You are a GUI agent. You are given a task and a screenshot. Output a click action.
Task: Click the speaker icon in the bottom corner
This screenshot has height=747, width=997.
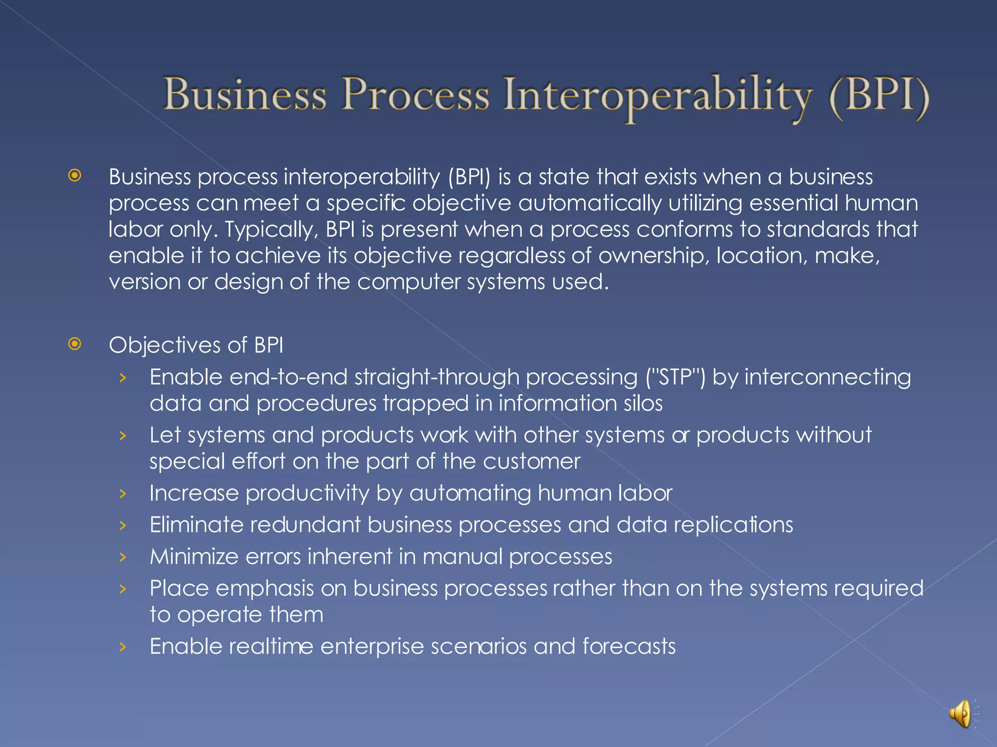click(x=961, y=714)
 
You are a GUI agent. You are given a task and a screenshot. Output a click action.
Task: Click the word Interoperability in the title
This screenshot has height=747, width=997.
click(x=658, y=95)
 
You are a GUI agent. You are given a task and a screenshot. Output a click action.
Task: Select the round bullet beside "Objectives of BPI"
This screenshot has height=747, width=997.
click(x=75, y=344)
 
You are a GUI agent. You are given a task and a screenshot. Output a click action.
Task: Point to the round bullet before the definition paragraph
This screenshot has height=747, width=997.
click(x=75, y=176)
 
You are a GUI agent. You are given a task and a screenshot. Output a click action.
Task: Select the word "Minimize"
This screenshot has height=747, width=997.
click(x=194, y=557)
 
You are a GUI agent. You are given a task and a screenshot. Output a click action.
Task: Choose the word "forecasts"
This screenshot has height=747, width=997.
click(x=629, y=647)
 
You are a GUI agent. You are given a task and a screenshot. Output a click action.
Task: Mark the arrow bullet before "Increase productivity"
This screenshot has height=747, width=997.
click(x=123, y=494)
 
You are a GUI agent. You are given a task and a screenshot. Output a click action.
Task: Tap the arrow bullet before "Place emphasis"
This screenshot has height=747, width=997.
click(x=123, y=589)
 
